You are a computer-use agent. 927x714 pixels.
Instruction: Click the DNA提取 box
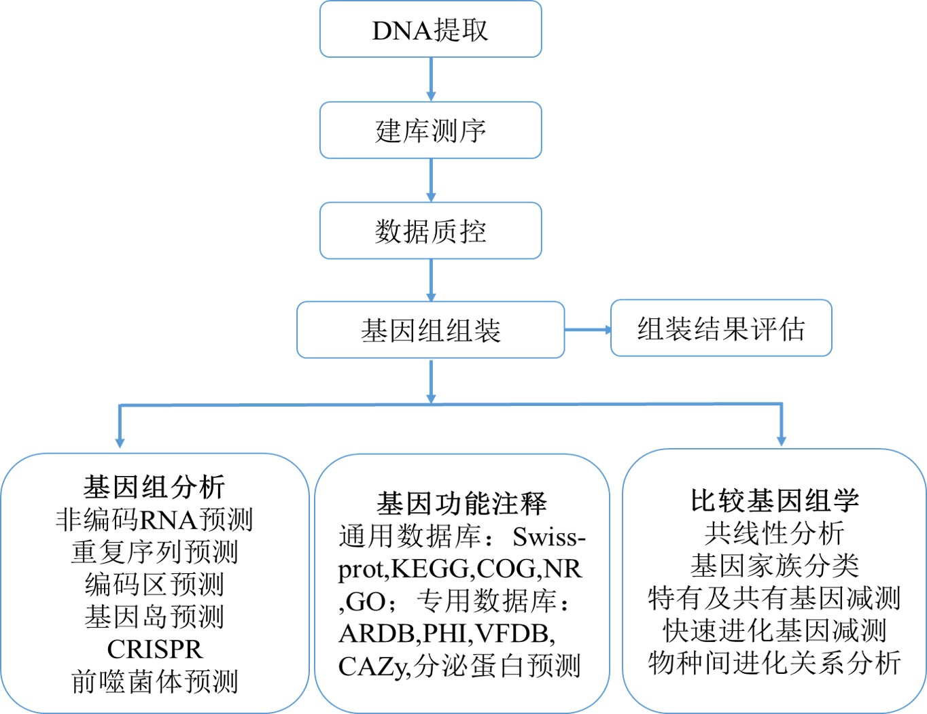430,29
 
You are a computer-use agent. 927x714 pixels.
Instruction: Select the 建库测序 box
430,130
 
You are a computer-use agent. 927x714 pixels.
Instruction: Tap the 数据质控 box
430,231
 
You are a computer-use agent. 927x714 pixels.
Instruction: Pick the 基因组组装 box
430,330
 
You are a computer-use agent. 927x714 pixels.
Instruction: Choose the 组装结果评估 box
721,328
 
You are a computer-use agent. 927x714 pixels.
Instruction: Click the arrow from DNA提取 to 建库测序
431,80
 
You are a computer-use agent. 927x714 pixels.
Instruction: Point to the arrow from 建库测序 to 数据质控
431,180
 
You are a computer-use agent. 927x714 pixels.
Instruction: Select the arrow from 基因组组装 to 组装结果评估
588,330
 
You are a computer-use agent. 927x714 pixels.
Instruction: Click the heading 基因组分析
154,488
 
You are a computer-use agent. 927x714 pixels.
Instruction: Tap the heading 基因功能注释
461,504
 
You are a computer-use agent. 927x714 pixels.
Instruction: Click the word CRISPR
154,649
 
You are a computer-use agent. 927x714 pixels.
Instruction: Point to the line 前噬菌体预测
154,681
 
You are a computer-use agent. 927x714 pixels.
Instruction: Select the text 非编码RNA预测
154,520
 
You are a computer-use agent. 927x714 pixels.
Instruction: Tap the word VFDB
512,634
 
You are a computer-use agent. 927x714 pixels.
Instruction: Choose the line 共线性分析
775,533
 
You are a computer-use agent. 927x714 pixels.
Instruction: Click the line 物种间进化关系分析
775,663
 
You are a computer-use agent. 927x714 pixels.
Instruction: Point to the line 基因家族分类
775,566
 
